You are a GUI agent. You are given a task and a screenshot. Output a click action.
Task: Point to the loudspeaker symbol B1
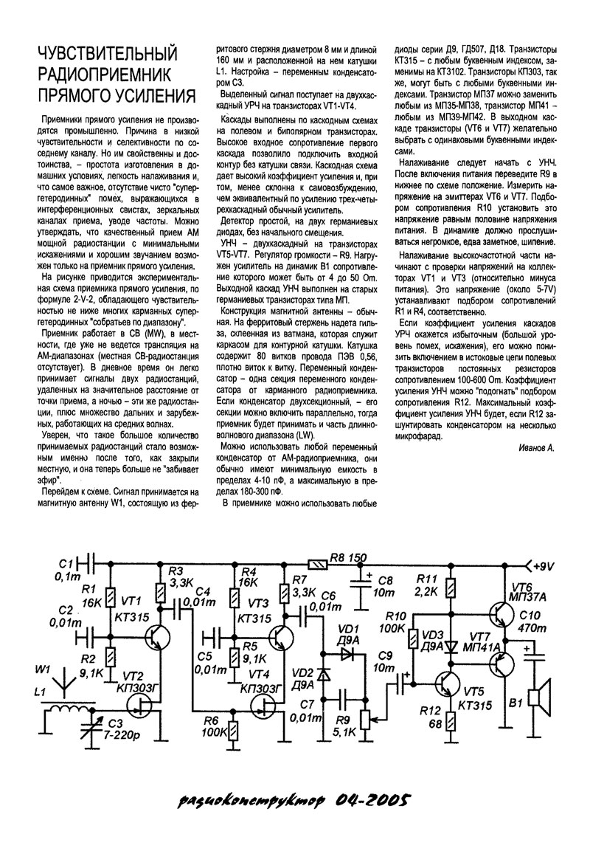543,696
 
